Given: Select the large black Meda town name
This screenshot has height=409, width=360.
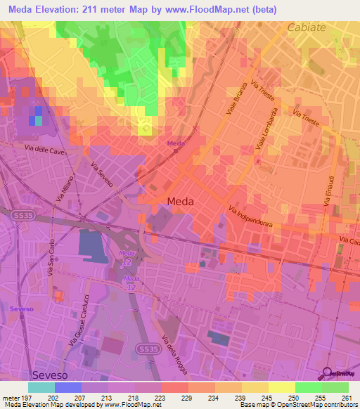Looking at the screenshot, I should click(181, 202).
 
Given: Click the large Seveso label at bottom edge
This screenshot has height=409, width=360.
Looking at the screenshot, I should click(51, 375).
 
